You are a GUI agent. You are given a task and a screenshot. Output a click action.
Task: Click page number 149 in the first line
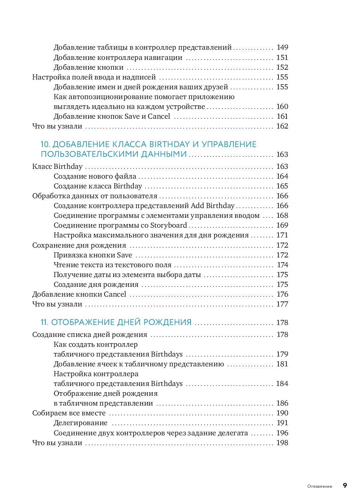coord(282,47)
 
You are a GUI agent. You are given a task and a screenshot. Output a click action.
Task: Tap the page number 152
coord(282,67)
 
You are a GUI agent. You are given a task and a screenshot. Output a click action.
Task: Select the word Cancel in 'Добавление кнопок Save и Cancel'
coord(159,116)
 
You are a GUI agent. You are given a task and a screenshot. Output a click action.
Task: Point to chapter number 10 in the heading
coord(45,144)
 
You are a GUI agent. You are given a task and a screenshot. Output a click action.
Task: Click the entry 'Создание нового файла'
coord(95,176)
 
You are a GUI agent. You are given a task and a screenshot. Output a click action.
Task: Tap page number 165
coord(282,186)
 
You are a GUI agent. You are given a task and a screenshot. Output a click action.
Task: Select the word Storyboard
coord(168,225)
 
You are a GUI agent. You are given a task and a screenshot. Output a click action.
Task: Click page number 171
coord(282,235)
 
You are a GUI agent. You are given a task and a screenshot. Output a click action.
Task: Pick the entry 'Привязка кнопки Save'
coord(93,255)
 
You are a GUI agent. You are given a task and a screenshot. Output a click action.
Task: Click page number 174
coord(282,265)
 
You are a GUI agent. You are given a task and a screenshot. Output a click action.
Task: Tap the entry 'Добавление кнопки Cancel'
coord(79,294)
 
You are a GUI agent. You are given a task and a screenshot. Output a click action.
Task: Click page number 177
coord(282,304)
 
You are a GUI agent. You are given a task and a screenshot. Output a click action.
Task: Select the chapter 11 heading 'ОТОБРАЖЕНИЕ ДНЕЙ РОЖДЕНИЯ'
coord(121,322)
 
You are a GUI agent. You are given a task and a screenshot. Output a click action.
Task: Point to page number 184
coord(282,383)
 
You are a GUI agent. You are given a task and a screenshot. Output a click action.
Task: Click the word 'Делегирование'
coord(81,423)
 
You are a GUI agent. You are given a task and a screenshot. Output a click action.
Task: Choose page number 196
coord(282,433)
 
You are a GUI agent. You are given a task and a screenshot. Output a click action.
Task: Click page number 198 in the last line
coord(282,443)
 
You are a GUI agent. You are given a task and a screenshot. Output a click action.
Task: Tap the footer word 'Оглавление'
coord(319,486)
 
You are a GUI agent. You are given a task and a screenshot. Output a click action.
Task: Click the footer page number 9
coord(345,485)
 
